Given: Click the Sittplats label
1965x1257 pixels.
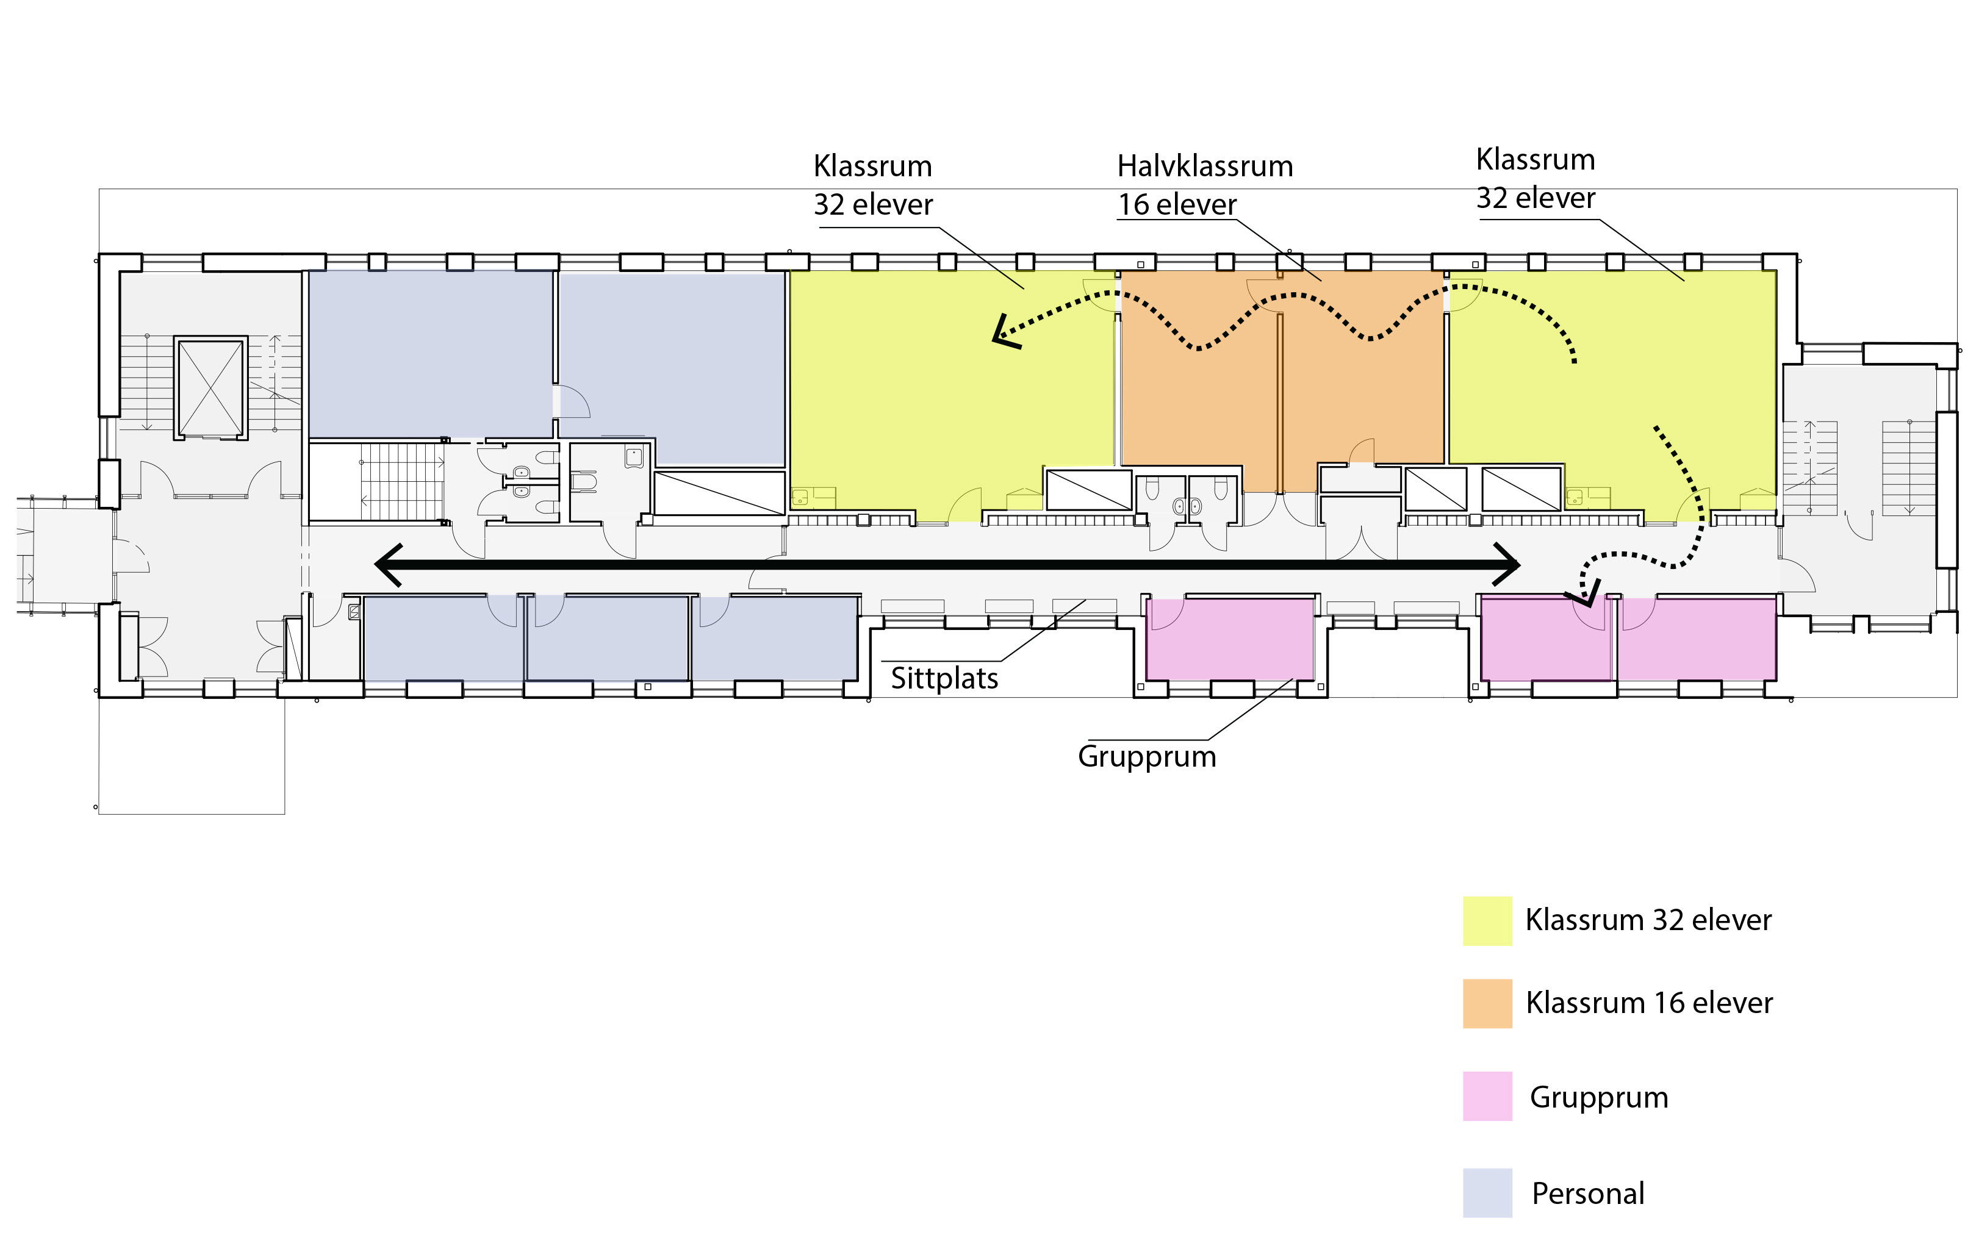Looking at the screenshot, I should (944, 678).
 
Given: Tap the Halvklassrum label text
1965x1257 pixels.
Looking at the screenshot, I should (1204, 167).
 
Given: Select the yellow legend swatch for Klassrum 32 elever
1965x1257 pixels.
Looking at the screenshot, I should (1487, 921).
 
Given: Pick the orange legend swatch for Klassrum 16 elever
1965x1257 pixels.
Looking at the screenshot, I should (1487, 1003).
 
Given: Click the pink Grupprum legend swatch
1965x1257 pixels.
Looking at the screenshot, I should (1487, 1096).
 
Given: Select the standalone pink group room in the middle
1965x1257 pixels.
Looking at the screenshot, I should (1229, 639).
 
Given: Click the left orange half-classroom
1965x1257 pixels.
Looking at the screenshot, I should (1198, 384).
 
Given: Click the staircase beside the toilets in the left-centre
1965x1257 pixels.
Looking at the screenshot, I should (401, 482).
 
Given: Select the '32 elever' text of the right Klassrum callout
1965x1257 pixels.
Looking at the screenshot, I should (1535, 198).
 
